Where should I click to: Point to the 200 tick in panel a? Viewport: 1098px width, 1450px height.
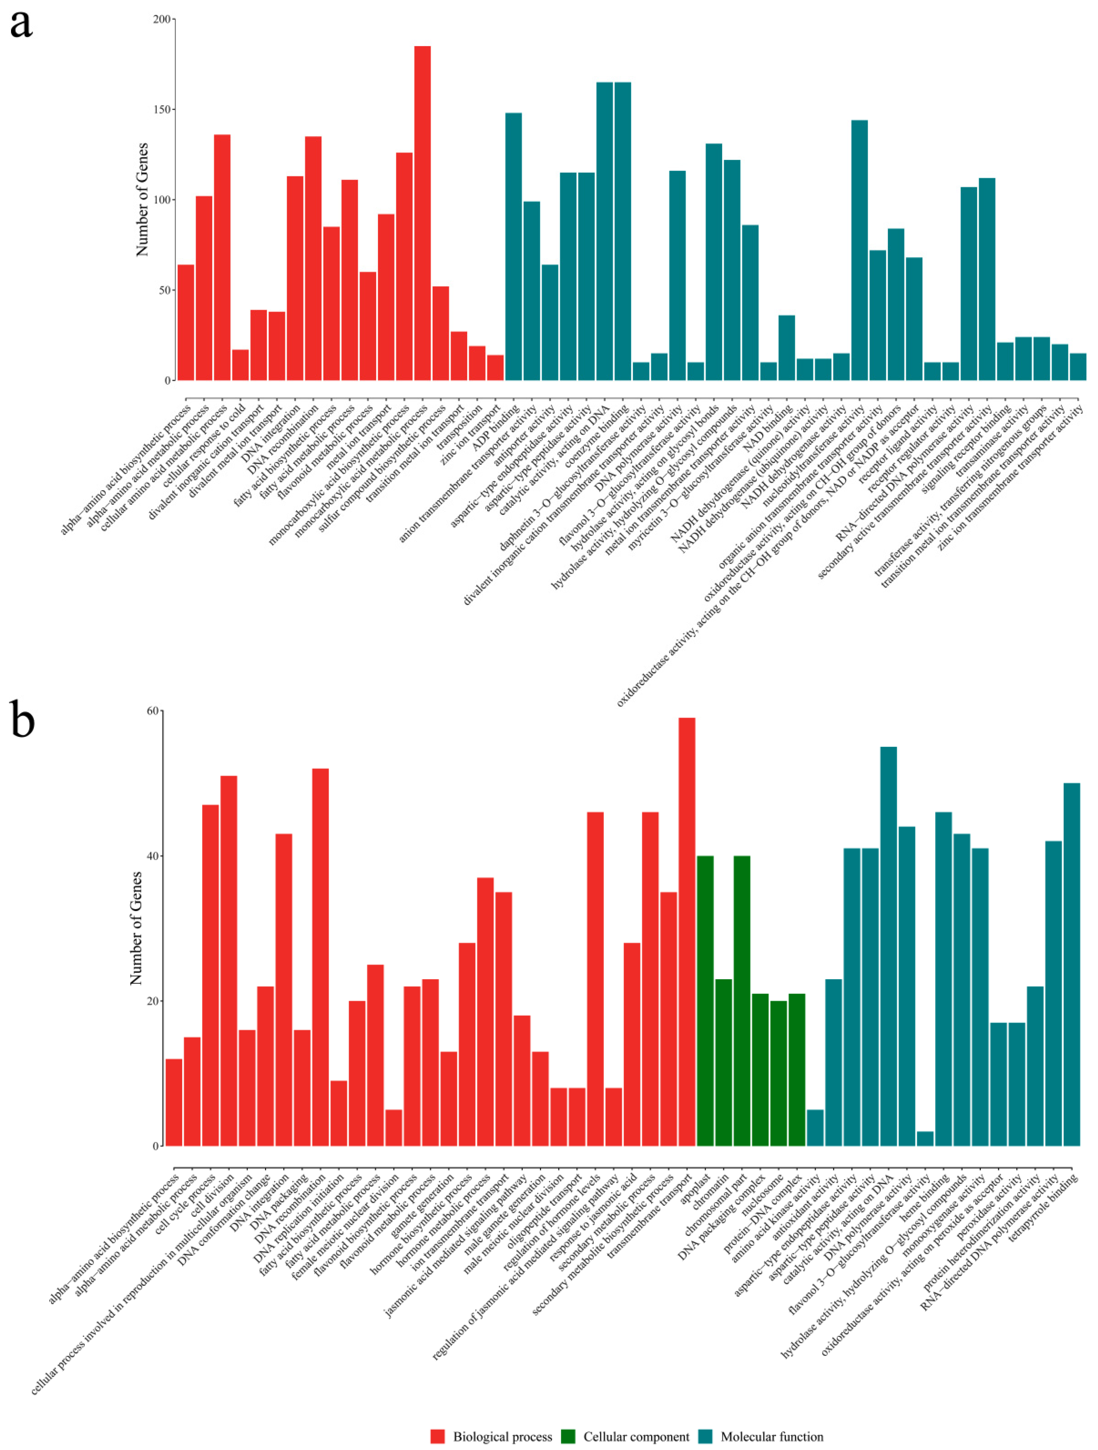point(161,20)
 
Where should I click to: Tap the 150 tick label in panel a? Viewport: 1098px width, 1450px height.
point(161,109)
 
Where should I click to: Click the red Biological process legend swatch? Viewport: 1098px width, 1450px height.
point(437,1436)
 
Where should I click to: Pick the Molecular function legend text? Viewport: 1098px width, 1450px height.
point(772,1436)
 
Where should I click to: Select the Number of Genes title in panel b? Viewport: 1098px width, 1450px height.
point(136,927)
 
